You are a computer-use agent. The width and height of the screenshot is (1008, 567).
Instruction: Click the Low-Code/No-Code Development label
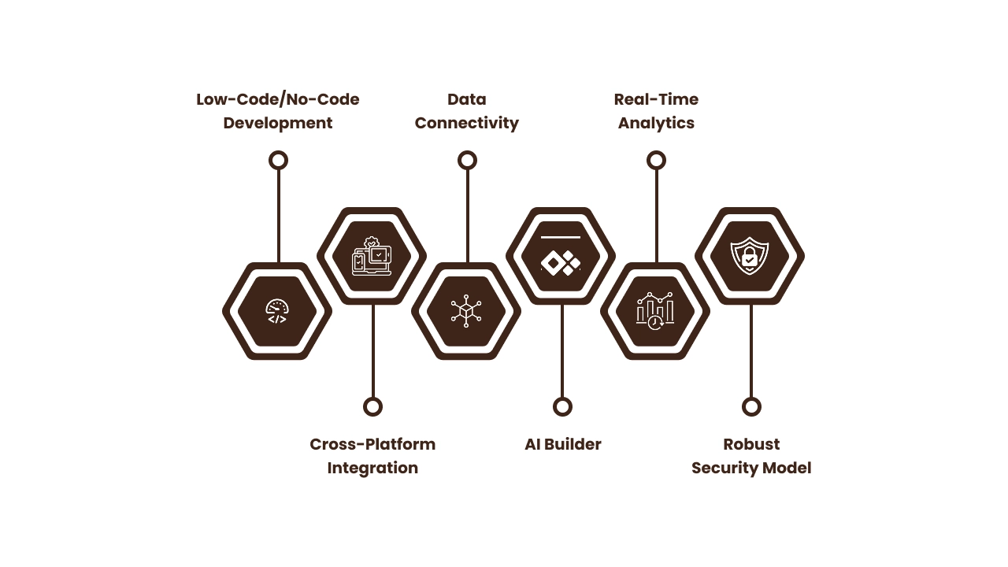coord(278,111)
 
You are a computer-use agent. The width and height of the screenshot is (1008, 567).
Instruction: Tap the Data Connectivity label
coord(467,111)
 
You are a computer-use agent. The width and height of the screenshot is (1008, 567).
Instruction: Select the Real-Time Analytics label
coord(656,111)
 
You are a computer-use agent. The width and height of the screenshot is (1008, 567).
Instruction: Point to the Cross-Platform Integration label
coord(372,456)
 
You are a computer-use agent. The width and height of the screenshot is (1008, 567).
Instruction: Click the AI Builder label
coord(562,444)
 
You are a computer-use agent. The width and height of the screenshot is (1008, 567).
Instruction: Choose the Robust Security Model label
coord(751,456)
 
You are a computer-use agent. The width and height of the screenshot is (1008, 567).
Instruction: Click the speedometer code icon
coord(277,312)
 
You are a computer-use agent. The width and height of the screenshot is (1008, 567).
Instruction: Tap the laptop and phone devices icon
coord(372,256)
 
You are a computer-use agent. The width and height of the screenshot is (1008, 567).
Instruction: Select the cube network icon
coord(466,311)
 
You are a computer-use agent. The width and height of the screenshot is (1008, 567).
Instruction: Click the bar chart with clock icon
coord(655,311)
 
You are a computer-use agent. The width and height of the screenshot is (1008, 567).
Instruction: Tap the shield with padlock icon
coord(750,256)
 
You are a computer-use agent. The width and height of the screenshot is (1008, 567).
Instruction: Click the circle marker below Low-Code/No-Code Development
coord(278,161)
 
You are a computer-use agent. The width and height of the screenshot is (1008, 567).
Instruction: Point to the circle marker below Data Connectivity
coord(467,161)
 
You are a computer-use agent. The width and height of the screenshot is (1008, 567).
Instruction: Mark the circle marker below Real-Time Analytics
coord(656,161)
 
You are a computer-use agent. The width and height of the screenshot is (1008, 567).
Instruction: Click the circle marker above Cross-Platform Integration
coord(372,406)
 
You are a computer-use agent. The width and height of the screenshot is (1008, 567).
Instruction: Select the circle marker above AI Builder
coord(562,406)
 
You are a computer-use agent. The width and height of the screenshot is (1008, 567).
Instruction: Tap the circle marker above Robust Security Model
coord(751,406)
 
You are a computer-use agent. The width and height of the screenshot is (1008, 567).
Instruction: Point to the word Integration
coord(372,468)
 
